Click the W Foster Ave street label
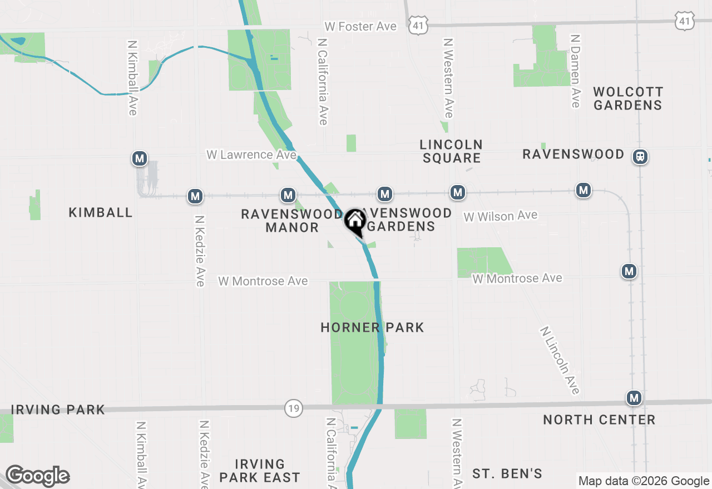pyautogui.click(x=361, y=27)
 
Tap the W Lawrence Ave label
pyautogui.click(x=251, y=154)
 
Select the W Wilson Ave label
pyautogui.click(x=501, y=216)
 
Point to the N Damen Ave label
pyautogui.click(x=575, y=71)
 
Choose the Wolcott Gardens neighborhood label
pyautogui.click(x=628, y=98)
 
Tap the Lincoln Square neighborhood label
pyautogui.click(x=451, y=151)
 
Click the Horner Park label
pyautogui.click(x=372, y=327)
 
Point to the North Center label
pyautogui.click(x=599, y=420)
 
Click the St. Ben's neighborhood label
pyautogui.click(x=507, y=473)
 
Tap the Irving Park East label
pyautogui.click(x=260, y=471)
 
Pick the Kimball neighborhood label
pyautogui.click(x=101, y=212)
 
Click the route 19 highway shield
pyautogui.click(x=293, y=408)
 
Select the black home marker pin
pyautogui.click(x=355, y=222)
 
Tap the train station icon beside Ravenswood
pyautogui.click(x=641, y=157)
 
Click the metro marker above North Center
pyautogui.click(x=634, y=398)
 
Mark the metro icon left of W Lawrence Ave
pyautogui.click(x=140, y=159)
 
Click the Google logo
pyautogui.click(x=37, y=476)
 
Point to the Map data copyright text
pyautogui.click(x=644, y=481)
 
